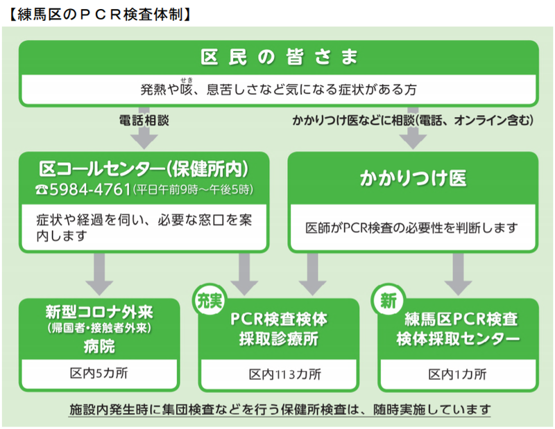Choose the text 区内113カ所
[284, 375]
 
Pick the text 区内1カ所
[457, 374]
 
